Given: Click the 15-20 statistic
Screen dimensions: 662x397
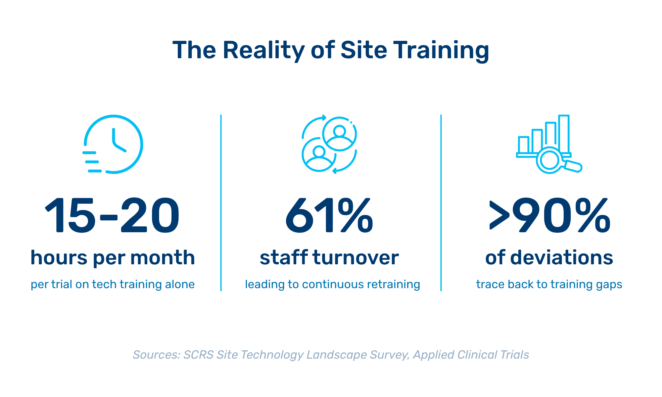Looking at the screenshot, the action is pyautogui.click(x=113, y=215).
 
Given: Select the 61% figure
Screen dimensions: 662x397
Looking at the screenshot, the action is pyautogui.click(x=329, y=215).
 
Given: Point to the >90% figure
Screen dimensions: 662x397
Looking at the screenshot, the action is pyautogui.click(x=550, y=215).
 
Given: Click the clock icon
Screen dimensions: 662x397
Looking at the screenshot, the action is pyautogui.click(x=113, y=144).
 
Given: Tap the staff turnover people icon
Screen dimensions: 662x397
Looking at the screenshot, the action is pyautogui.click(x=329, y=144).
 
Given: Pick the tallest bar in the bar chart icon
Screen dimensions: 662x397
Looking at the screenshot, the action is pyautogui.click(x=564, y=134).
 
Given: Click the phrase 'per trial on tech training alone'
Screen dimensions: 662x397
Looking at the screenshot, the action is pyautogui.click(x=113, y=285).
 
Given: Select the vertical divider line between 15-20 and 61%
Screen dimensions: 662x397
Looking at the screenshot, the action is pyautogui.click(x=221, y=203).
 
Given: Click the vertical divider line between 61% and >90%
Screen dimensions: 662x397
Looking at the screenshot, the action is pyautogui.click(x=441, y=203).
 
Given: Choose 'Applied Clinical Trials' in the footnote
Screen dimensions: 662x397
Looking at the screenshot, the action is pyautogui.click(x=471, y=355).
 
